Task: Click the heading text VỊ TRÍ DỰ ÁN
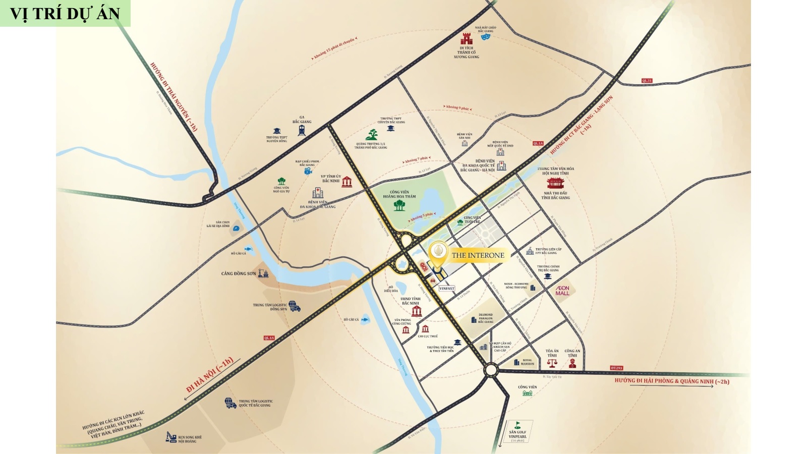point(65,14)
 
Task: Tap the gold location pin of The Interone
point(438,253)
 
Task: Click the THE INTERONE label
point(478,255)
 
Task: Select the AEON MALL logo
point(562,291)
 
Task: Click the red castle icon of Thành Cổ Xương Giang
point(467,39)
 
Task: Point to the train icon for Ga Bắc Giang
point(302,130)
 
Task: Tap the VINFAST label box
point(447,289)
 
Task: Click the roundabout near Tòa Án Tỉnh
point(490,371)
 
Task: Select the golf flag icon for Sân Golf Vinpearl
point(517,425)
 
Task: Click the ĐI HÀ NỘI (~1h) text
point(210,374)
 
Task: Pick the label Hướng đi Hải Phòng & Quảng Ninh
point(672,381)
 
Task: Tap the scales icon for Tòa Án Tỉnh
point(552,363)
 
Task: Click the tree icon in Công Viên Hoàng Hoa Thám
point(399,205)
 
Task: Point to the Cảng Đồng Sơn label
point(239,273)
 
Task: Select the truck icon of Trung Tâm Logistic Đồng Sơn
point(295,306)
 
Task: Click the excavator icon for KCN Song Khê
point(171,437)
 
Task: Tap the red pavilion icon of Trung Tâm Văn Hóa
point(555,183)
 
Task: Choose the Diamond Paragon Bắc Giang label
point(486,318)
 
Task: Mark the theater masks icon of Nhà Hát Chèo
point(486,37)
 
